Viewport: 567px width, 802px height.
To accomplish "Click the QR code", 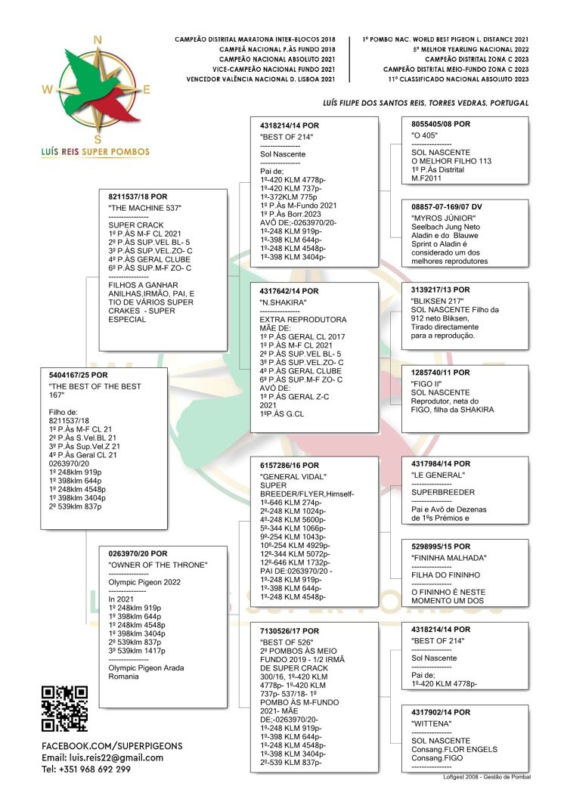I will point(64,708).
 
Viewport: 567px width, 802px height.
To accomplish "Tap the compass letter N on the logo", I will point(96,40).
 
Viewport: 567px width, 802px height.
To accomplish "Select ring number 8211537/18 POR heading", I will point(138,197).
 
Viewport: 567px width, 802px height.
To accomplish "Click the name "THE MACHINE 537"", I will point(145,208).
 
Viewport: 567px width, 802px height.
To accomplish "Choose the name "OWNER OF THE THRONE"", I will point(158,565).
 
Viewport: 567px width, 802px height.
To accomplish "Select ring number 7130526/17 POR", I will point(290,630).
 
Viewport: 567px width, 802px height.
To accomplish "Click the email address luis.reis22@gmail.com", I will point(102,757).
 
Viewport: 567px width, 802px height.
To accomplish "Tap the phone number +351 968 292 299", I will point(86,769).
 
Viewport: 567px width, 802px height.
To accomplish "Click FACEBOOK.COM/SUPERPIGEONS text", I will point(112,745).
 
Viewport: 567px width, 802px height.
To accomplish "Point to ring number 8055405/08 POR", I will point(441,123).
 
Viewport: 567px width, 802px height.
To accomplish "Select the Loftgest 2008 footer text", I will point(486,776).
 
